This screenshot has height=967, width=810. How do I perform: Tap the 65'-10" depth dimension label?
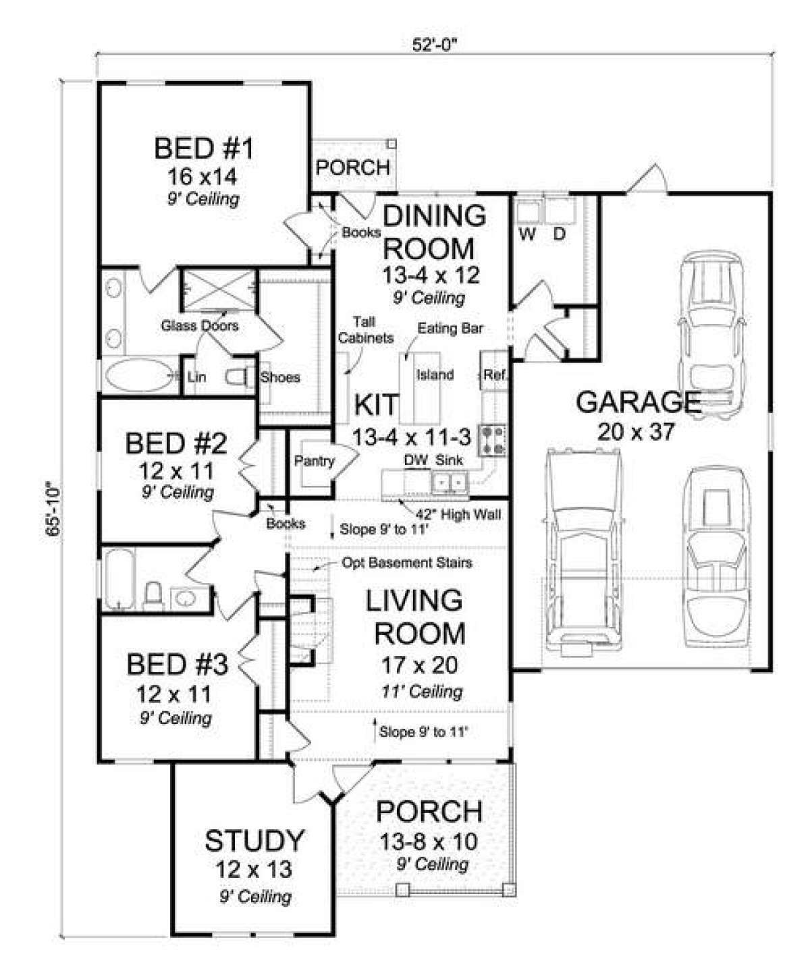pos(54,509)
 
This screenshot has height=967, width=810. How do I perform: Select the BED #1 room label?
pos(203,149)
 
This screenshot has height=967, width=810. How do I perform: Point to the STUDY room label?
pos(254,841)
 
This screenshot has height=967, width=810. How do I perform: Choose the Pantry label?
pos(314,461)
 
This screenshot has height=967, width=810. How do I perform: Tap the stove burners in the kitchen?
pos(492,440)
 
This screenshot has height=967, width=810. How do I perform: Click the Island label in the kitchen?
pos(435,375)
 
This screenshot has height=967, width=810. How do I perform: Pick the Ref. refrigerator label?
pos(495,375)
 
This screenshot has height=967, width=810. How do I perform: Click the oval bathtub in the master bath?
pos(138,376)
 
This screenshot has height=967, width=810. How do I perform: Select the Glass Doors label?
pos(200,325)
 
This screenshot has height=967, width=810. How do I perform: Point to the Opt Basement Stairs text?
pos(407,563)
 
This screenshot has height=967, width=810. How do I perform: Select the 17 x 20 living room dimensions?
pos(419,665)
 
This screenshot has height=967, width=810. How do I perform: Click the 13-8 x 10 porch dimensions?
pos(428,841)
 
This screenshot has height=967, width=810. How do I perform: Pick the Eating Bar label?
pos(450,329)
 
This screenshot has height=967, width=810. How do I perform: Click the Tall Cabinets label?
pos(365,330)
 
